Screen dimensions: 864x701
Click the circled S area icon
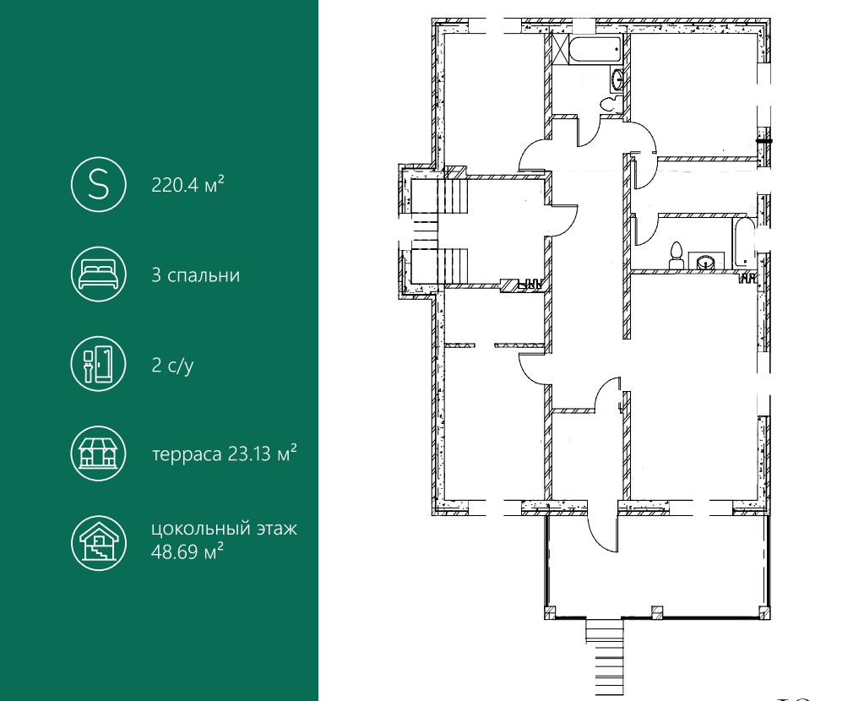click(99, 184)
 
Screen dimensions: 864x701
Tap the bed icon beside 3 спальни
click(99, 274)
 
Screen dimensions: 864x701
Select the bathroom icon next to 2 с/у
click(99, 364)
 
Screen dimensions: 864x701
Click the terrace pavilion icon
click(99, 453)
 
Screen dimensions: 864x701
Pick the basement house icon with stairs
click(99, 543)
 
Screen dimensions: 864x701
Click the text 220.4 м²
click(187, 184)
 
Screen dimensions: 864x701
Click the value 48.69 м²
click(187, 552)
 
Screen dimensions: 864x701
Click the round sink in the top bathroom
click(617, 79)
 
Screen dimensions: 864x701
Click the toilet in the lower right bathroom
click(677, 255)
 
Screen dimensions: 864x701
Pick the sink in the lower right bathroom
click(707, 262)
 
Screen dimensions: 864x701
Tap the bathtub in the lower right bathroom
click(742, 243)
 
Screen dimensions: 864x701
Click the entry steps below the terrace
click(605, 656)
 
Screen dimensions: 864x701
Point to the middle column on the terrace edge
click(657, 611)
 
